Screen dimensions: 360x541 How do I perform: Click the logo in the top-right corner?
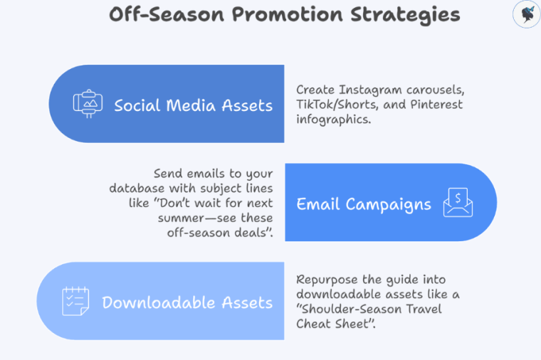click(x=527, y=15)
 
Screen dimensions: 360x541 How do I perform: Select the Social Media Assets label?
click(x=193, y=105)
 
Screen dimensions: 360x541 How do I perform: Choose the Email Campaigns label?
click(x=364, y=204)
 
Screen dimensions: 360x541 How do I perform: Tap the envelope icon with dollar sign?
click(x=458, y=202)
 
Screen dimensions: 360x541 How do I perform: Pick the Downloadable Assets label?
click(x=187, y=302)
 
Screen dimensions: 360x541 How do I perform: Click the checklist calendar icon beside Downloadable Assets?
click(x=75, y=301)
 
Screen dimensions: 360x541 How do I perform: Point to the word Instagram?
click(x=369, y=90)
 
